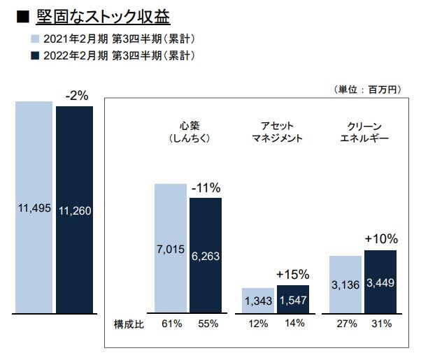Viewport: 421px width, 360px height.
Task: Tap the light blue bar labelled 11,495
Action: [34, 207]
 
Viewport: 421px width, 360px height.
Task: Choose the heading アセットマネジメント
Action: [277, 131]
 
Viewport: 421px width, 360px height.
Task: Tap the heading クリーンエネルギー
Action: [364, 131]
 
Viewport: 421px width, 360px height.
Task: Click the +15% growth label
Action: [292, 274]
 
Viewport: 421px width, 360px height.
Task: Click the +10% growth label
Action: [380, 239]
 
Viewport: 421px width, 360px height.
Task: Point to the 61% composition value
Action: [171, 324]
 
